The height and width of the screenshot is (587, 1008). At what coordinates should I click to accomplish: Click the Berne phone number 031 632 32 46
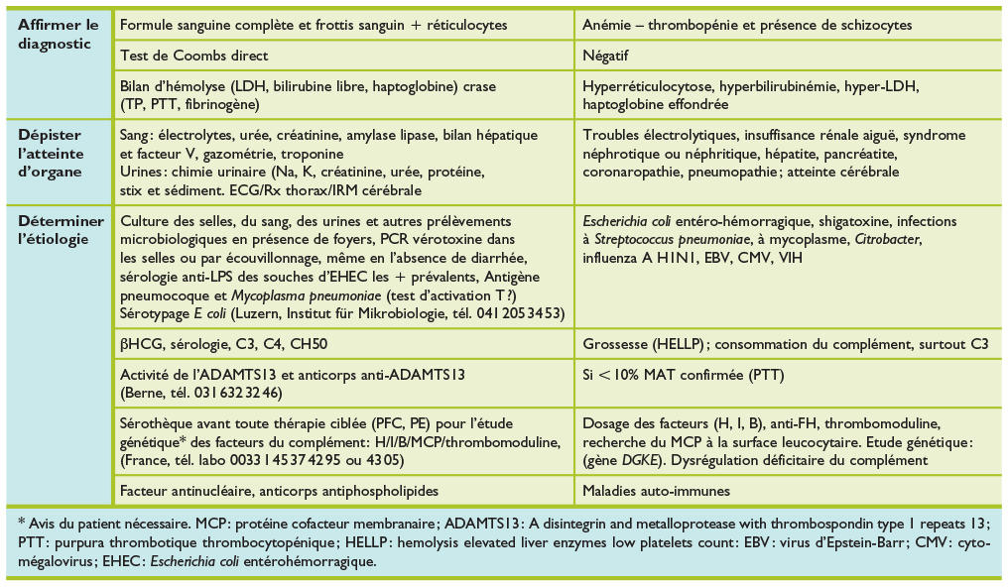(x=222, y=391)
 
